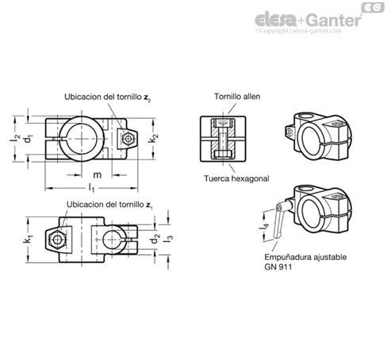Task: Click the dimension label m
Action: [97, 175]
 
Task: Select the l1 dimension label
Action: [91, 188]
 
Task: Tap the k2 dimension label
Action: [153, 138]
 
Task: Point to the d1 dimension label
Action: [29, 139]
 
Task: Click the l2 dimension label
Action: [14, 138]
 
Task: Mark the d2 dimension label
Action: [155, 239]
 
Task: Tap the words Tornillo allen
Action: [237, 97]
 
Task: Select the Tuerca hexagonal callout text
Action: [236, 178]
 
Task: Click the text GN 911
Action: [278, 266]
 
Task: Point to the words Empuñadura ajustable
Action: [305, 257]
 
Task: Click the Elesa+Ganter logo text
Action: [308, 20]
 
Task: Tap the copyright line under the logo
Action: [298, 31]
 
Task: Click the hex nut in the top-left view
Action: [128, 139]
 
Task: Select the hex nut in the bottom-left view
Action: [57, 239]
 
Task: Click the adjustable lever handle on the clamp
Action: [281, 220]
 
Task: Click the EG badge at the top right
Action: [373, 7]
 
